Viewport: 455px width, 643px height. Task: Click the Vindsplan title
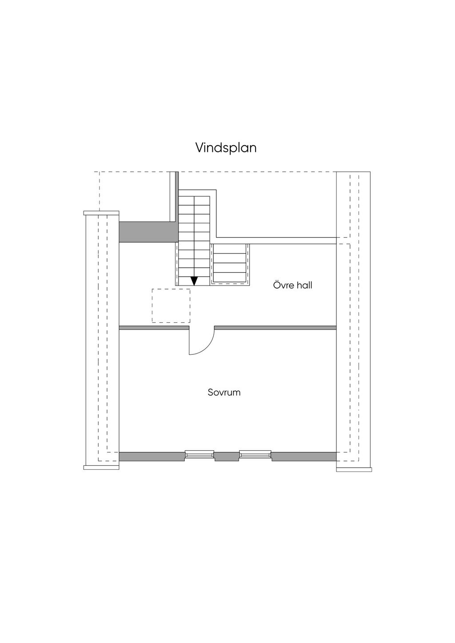pyautogui.click(x=226, y=147)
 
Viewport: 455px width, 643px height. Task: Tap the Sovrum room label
pyautogui.click(x=224, y=393)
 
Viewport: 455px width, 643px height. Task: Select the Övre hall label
pyautogui.click(x=292, y=285)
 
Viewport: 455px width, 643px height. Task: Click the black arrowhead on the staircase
pyautogui.click(x=194, y=281)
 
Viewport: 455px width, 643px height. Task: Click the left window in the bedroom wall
pyautogui.click(x=199, y=454)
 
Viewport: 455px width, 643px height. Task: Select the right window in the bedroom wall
pyautogui.click(x=255, y=454)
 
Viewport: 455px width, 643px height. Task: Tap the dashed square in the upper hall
pyautogui.click(x=171, y=306)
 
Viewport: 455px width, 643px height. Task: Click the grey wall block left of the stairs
pyautogui.click(x=148, y=232)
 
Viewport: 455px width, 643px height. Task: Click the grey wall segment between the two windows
pyautogui.click(x=227, y=456)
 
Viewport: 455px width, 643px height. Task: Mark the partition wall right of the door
pyautogui.click(x=275, y=328)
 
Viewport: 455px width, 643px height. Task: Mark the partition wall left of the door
pyautogui.click(x=154, y=328)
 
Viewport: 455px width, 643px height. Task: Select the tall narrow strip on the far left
pyautogui.click(x=102, y=340)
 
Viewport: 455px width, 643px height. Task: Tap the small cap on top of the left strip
pyautogui.click(x=101, y=213)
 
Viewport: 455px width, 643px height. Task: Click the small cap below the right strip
pyautogui.click(x=354, y=469)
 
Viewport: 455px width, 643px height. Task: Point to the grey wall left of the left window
pyautogui.click(x=152, y=456)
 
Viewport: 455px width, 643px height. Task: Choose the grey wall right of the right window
pyautogui.click(x=304, y=456)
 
